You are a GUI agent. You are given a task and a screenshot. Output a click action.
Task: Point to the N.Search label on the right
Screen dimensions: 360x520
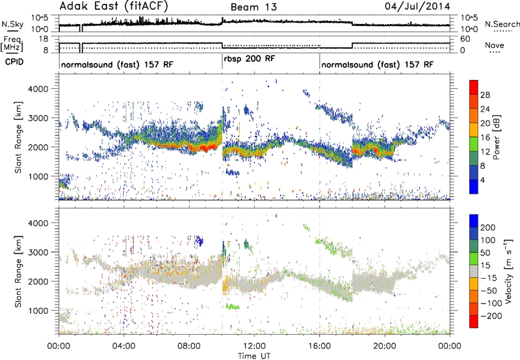tap(499, 25)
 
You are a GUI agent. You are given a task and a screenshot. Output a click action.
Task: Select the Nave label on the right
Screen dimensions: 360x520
tap(496, 45)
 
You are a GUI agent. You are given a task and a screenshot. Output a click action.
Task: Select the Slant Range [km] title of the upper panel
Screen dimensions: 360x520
tap(22, 136)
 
